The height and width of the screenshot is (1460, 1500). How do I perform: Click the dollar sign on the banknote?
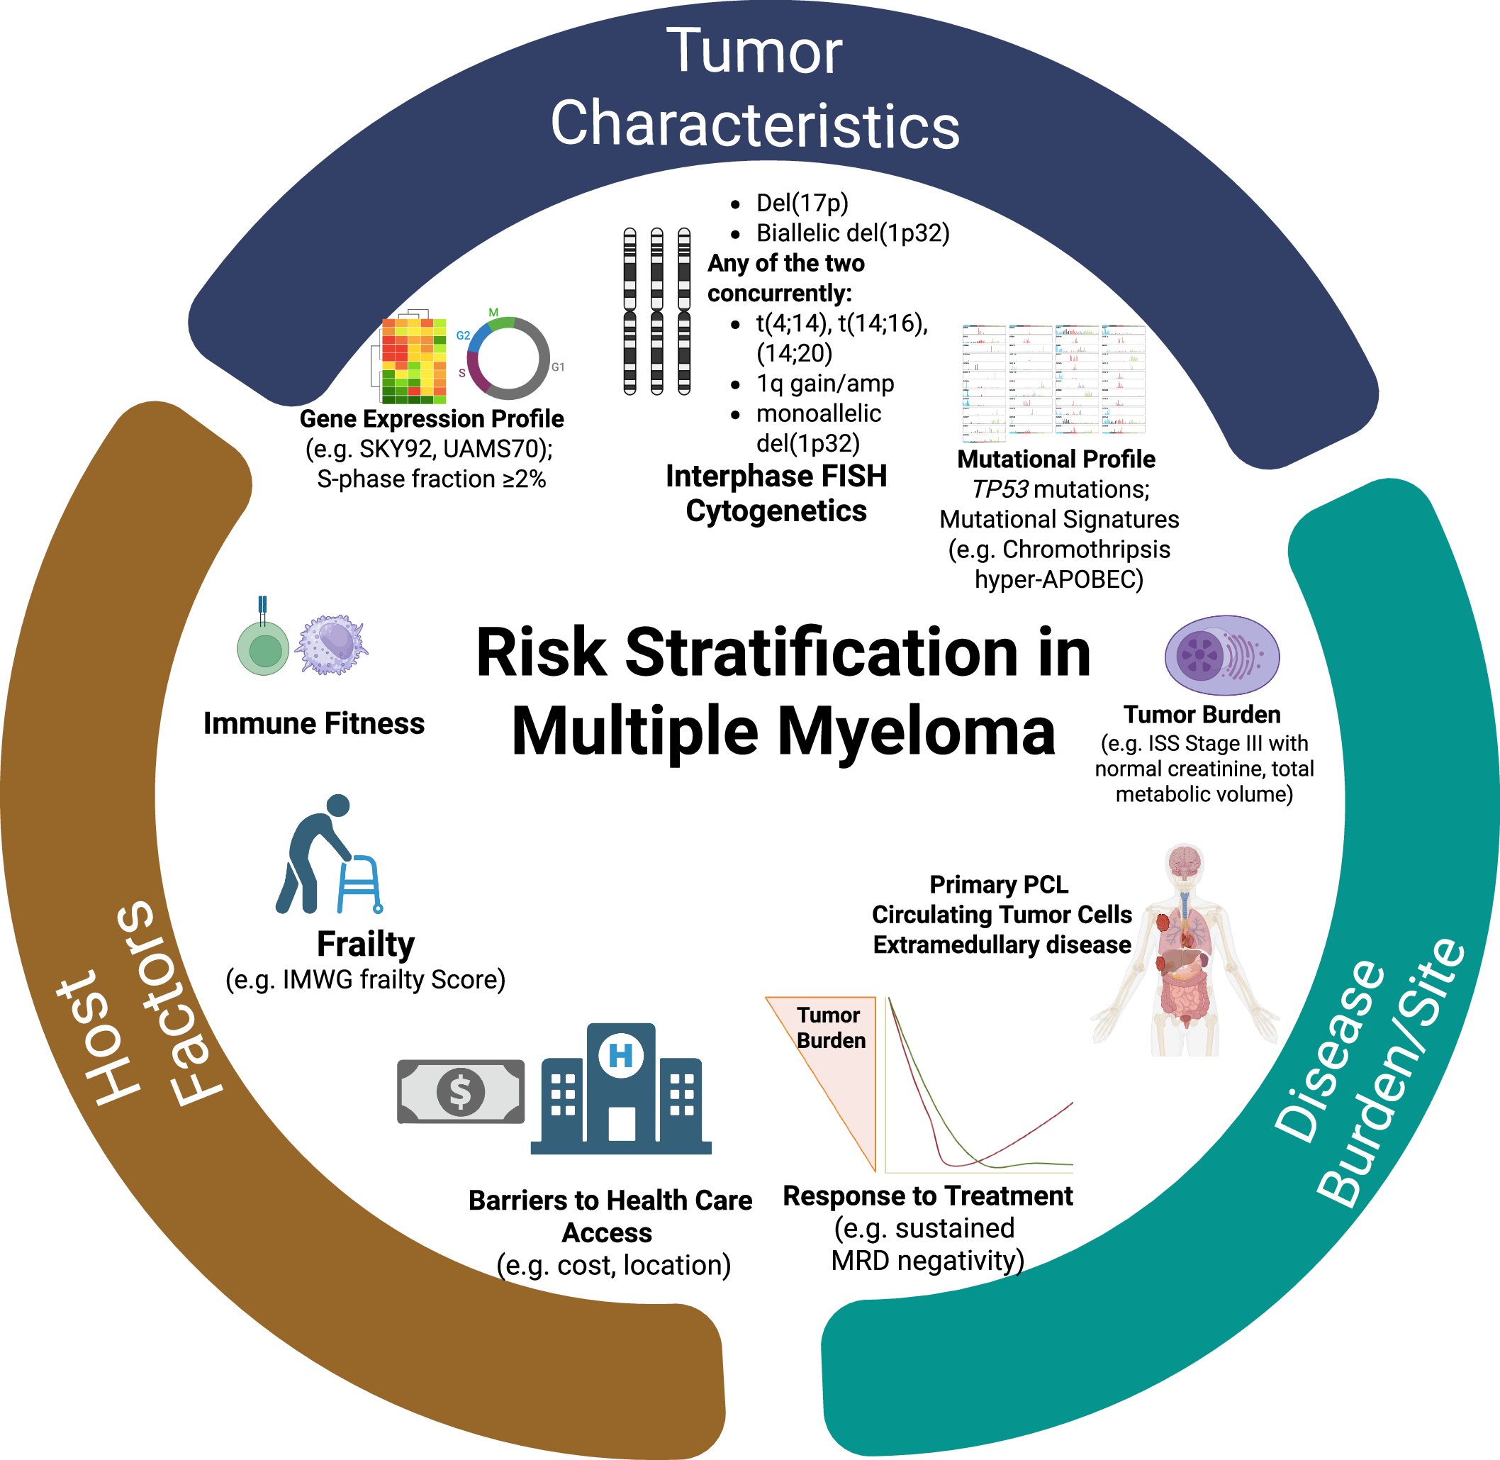(460, 1092)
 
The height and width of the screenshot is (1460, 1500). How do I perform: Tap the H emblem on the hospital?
(621, 1056)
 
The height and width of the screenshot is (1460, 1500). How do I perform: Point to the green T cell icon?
(263, 648)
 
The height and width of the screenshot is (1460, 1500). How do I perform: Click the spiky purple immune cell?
(332, 645)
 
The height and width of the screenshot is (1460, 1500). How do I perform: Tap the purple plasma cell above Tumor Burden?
(1222, 655)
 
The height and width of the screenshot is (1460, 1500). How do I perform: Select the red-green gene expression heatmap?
(414, 360)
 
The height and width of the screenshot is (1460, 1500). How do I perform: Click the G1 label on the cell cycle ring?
(558, 367)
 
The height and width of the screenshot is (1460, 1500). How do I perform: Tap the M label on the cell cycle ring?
(493, 313)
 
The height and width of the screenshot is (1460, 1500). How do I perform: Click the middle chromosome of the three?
(657, 311)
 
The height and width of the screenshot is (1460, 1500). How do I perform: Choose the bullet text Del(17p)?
(802, 204)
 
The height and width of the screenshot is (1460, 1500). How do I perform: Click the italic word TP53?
(999, 489)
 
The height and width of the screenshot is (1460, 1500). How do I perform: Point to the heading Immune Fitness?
(313, 723)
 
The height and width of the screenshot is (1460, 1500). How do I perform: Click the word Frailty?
(366, 944)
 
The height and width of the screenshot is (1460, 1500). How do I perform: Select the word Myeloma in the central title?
(917, 732)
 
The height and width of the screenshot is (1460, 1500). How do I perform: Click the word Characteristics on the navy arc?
(755, 125)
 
